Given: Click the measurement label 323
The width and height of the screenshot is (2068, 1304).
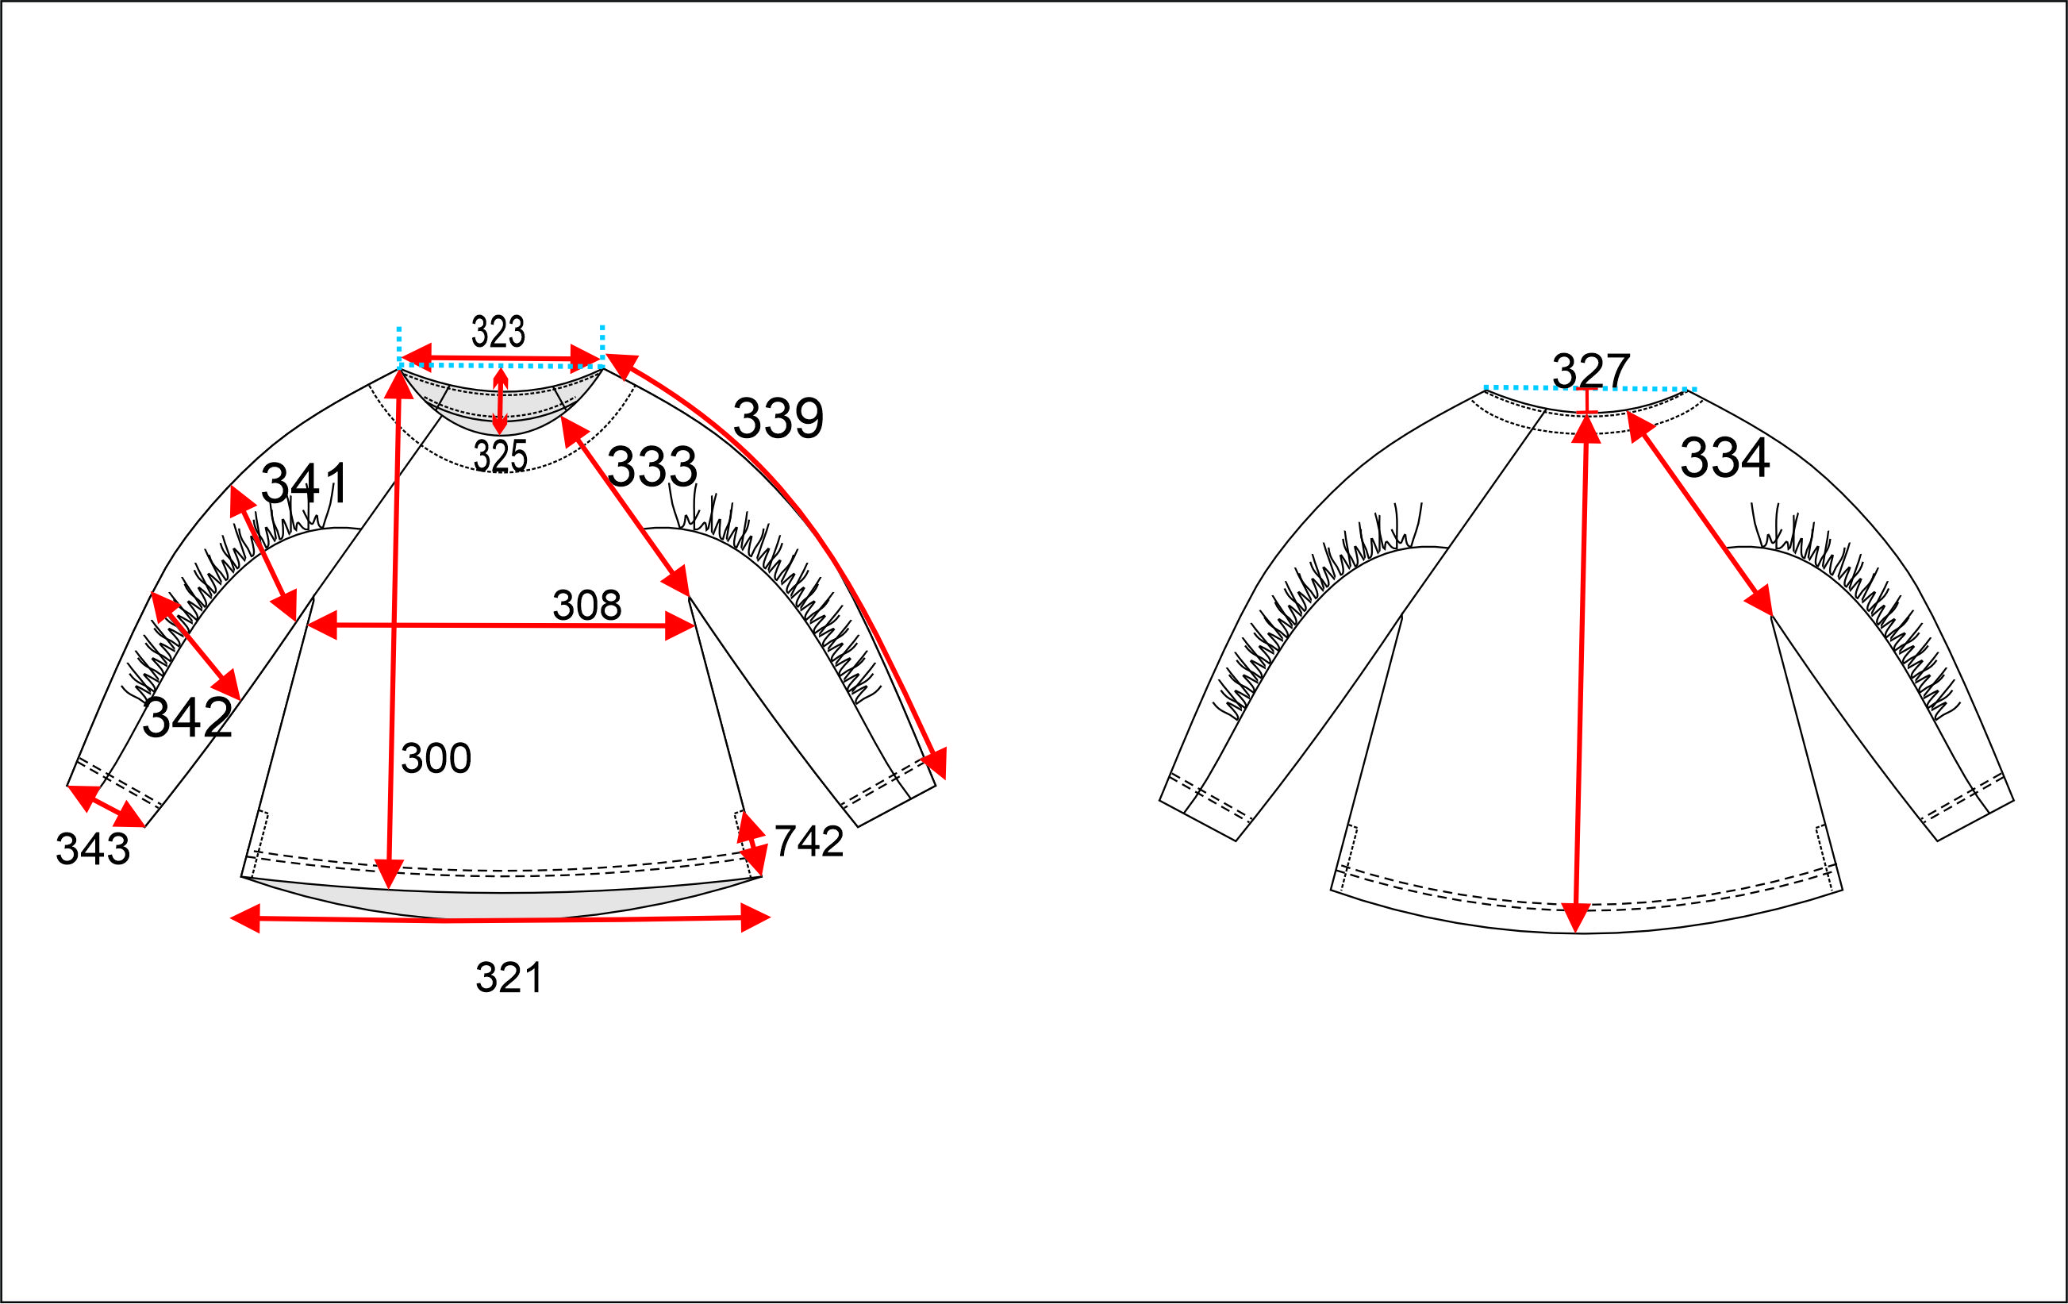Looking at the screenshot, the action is tap(498, 332).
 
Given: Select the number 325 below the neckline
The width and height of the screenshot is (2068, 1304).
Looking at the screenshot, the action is tap(500, 456).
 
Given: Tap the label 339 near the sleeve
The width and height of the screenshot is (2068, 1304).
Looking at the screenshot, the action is tap(778, 418).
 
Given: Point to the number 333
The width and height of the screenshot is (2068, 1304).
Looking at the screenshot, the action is tap(652, 467).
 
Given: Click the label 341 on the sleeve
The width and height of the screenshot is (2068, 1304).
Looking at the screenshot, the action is tap(304, 483).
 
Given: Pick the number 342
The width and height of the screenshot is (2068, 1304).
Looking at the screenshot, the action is tap(187, 717).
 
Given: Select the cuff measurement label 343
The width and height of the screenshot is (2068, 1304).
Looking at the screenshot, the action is tap(93, 848).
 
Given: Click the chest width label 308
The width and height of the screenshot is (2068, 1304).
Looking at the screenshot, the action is tap(586, 605).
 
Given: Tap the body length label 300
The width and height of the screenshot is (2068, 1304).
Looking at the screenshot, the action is tap(436, 758).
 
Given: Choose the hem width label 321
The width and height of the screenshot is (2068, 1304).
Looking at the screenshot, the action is tap(509, 978).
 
